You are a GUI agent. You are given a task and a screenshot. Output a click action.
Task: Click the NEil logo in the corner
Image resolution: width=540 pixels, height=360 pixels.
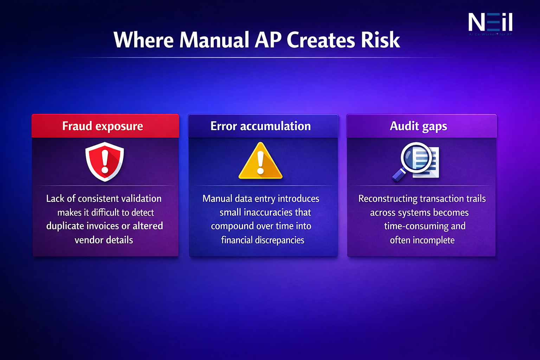pyautogui.click(x=490, y=23)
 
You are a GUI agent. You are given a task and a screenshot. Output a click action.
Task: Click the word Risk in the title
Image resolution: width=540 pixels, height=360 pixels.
pyautogui.click(x=380, y=40)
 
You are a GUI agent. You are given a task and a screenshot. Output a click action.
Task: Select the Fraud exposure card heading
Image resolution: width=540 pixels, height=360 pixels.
pyautogui.click(x=103, y=126)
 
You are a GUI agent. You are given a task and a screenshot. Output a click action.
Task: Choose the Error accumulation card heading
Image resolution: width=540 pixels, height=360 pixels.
pyautogui.click(x=261, y=126)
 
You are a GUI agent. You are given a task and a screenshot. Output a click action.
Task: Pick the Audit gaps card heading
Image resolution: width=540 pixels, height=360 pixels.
pyautogui.click(x=418, y=126)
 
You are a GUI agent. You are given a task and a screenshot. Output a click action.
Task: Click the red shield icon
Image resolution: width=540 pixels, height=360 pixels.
pyautogui.click(x=105, y=162)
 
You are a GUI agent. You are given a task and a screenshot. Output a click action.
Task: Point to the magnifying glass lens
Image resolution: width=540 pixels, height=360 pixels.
pyautogui.click(x=416, y=157)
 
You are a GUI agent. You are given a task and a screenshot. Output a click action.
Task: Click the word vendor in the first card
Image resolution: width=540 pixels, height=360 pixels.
pyautogui.click(x=88, y=240)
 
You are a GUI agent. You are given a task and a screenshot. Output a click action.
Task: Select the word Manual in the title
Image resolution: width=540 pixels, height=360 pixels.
pyautogui.click(x=214, y=40)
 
